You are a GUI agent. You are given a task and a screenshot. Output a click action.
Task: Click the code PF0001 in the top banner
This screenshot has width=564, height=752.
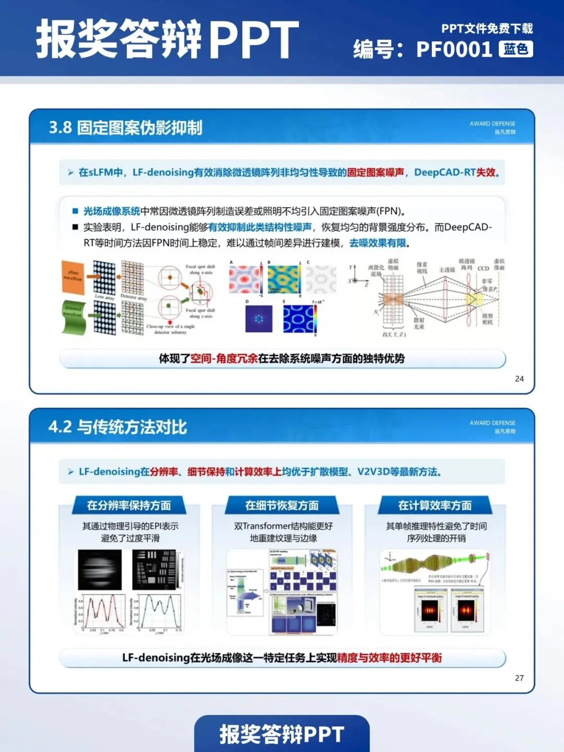[x=454, y=50]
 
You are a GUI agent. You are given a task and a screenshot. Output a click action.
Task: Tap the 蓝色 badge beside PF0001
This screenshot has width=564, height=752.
[x=516, y=49]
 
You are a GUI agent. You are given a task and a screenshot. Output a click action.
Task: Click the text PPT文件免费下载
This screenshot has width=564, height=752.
[x=487, y=28]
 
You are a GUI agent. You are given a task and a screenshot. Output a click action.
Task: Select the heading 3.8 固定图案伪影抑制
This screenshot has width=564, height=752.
[x=125, y=128]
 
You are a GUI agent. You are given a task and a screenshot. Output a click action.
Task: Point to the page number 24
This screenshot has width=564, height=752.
[x=519, y=379]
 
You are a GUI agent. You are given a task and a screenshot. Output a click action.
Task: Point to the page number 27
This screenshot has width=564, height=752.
[x=519, y=678]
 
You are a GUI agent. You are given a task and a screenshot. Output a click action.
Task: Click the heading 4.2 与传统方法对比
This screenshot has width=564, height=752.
[x=118, y=427]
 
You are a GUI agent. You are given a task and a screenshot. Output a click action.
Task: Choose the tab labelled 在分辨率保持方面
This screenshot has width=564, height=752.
[x=129, y=505]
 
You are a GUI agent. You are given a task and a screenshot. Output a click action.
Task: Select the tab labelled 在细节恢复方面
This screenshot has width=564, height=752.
[x=282, y=505]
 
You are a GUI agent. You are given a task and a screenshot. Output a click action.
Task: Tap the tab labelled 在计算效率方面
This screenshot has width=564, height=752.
[x=435, y=505]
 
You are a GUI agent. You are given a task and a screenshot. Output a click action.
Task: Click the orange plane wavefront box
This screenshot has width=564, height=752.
[x=73, y=276]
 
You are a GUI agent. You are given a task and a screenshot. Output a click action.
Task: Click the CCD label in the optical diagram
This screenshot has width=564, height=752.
[x=483, y=269]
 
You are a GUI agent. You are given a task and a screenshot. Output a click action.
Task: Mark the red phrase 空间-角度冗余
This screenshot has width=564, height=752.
[x=224, y=358]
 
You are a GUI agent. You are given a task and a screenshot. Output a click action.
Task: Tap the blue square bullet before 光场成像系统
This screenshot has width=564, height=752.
[x=75, y=211]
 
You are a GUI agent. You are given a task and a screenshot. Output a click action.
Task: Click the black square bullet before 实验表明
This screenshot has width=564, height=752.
[x=75, y=227]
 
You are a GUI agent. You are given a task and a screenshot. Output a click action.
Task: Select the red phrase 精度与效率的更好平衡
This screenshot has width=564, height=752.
[x=390, y=658]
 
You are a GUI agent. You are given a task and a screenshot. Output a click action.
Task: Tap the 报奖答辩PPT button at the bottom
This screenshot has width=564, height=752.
[x=282, y=734]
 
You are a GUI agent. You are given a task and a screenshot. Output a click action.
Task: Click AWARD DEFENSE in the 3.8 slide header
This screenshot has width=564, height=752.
[x=492, y=124]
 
